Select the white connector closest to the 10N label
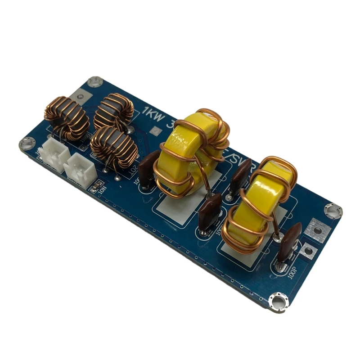(x=81, y=168)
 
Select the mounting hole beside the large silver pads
(x=333, y=210)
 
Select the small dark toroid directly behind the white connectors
(x=67, y=118)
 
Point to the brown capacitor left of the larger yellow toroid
(x=147, y=173)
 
